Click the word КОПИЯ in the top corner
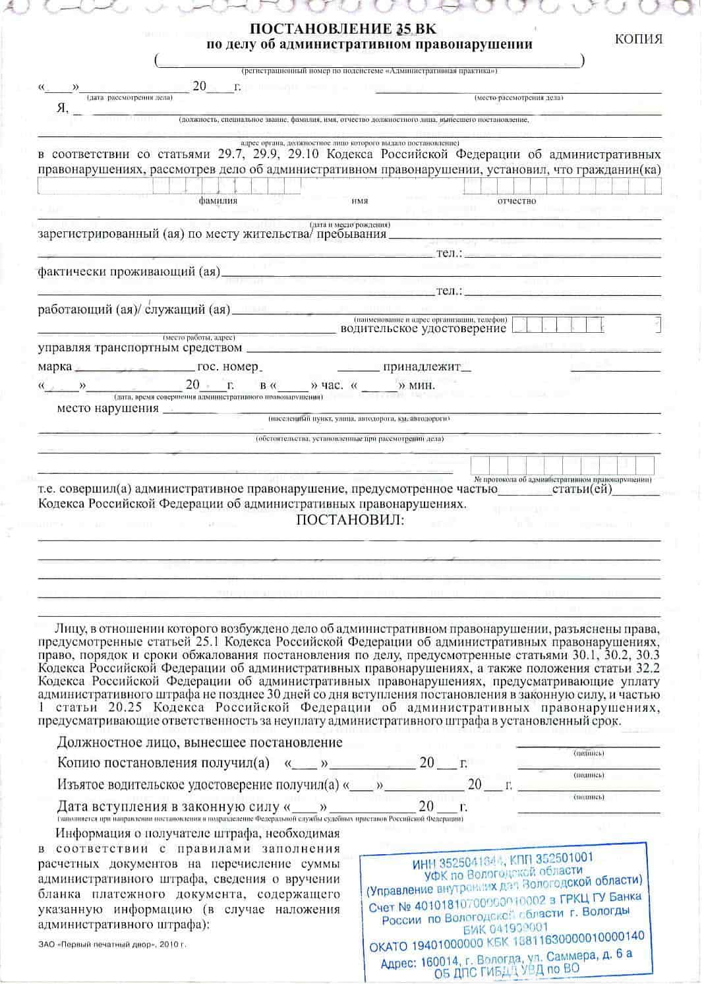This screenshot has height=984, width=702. point(639,39)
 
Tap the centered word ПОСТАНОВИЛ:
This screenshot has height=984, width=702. point(351,520)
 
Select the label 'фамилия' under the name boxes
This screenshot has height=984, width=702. point(218,201)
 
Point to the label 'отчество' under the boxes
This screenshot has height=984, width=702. point(517,201)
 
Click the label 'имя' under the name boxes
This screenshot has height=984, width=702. point(360,201)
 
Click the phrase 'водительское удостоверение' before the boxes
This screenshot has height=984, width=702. point(423,328)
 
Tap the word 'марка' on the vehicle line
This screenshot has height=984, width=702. point(55,366)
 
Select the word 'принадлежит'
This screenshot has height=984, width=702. point(422,366)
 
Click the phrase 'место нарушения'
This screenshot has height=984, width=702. point(108,408)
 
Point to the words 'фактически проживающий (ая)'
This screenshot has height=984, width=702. point(129,272)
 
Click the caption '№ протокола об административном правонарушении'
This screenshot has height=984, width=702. point(562,479)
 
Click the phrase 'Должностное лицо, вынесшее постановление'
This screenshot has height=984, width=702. point(200,743)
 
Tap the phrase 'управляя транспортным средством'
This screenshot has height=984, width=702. point(140,347)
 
